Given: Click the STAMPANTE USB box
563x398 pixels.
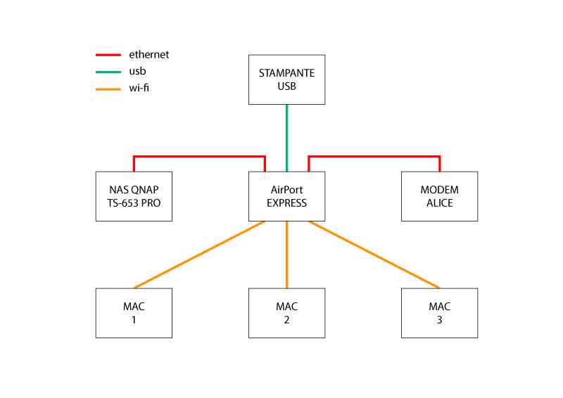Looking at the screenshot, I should tap(286, 79).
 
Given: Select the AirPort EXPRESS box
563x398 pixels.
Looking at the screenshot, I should tap(286, 196).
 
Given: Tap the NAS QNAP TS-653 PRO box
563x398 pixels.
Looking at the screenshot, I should tap(134, 196).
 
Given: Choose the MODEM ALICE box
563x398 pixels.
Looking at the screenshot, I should tap(439, 196).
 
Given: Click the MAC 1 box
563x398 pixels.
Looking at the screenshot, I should tap(134, 313).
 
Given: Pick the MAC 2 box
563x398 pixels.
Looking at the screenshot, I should tap(286, 313).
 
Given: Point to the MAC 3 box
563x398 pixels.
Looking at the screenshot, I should tap(439, 313).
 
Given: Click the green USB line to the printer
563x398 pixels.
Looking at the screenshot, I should tap(286, 137).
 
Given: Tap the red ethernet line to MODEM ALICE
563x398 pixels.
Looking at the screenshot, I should tap(374, 156).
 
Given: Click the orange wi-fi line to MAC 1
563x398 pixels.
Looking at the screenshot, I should tap(199, 255).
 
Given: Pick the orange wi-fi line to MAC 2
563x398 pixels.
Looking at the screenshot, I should tap(286, 255).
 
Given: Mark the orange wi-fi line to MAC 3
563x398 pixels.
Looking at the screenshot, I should tap(374, 255).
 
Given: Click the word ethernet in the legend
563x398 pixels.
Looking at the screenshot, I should tap(148, 55).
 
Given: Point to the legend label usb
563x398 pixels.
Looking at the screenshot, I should tap(137, 72).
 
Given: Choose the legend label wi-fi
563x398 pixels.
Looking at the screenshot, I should tap(139, 89).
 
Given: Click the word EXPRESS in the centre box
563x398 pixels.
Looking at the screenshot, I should tap(286, 203).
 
